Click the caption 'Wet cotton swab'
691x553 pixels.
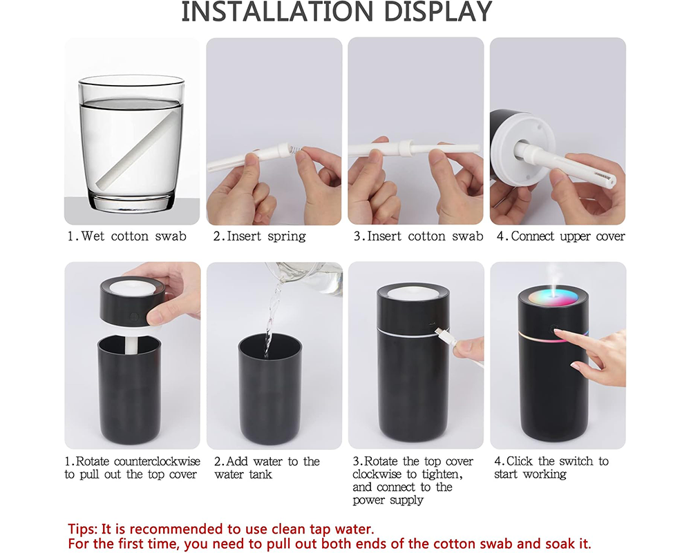coord(126,236)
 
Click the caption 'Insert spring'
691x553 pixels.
coord(259,236)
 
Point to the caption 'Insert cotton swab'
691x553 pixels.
coord(418,236)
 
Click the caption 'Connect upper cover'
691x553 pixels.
coord(560,236)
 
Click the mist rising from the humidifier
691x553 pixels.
coord(552,273)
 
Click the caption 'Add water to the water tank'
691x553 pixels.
coord(267,468)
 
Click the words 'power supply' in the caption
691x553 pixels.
coord(388,500)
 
